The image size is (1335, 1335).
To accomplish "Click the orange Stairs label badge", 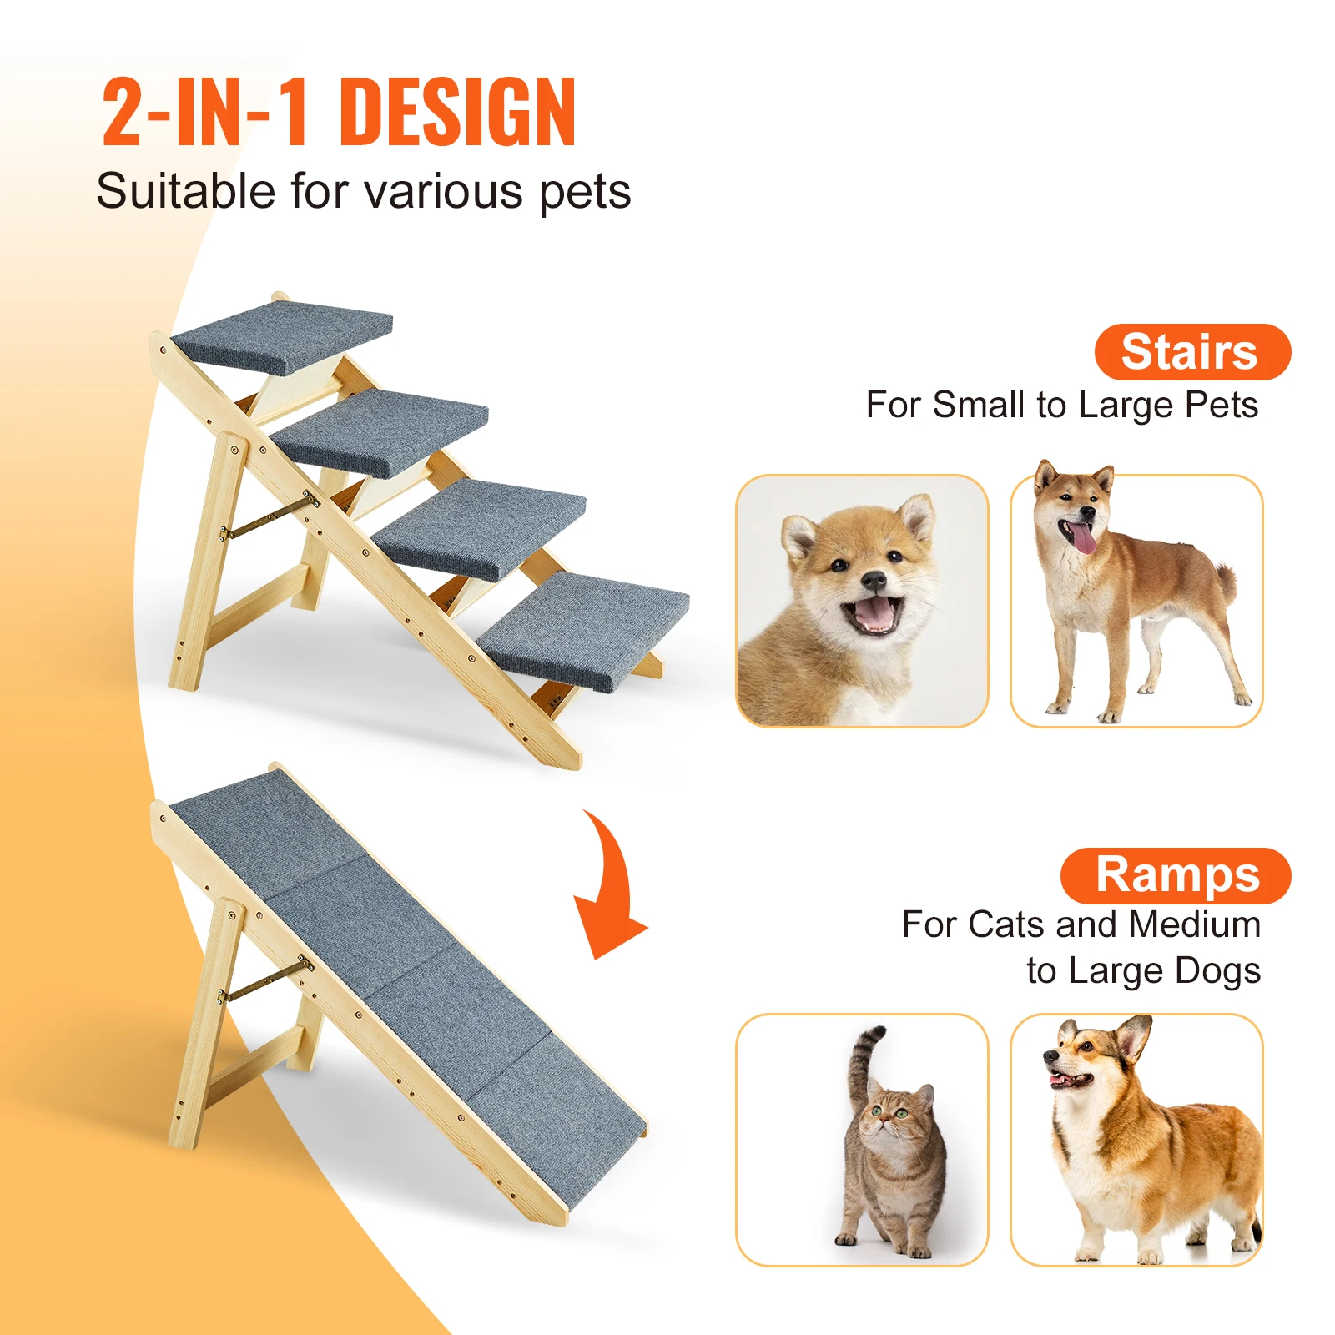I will (1191, 352).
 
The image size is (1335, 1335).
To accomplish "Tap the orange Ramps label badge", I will (1176, 875).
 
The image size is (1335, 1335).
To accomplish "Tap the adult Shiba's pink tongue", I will (1083, 538).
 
